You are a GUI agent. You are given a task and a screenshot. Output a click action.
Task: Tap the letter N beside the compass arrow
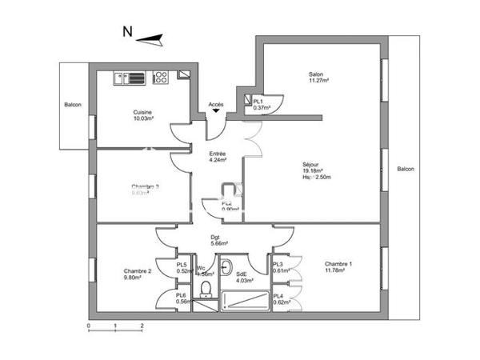pos(126,33)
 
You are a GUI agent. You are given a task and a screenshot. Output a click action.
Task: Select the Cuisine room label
pos(143,112)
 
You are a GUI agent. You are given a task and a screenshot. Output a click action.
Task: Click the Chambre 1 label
pos(338,264)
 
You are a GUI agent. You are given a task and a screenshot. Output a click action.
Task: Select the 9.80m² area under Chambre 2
pos(133,278)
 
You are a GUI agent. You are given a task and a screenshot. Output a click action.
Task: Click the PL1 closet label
pos(258,102)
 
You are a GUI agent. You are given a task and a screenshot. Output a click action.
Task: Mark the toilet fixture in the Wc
pos(206,288)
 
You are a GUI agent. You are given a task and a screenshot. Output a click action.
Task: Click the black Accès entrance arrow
pos(216,114)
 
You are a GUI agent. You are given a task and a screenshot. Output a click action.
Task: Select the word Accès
pos(216,105)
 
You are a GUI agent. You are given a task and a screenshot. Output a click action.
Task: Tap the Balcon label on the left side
pos(73,105)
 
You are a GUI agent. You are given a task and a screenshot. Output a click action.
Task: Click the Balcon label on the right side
pos(406,169)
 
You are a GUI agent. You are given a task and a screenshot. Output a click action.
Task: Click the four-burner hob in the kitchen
pos(160,78)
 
